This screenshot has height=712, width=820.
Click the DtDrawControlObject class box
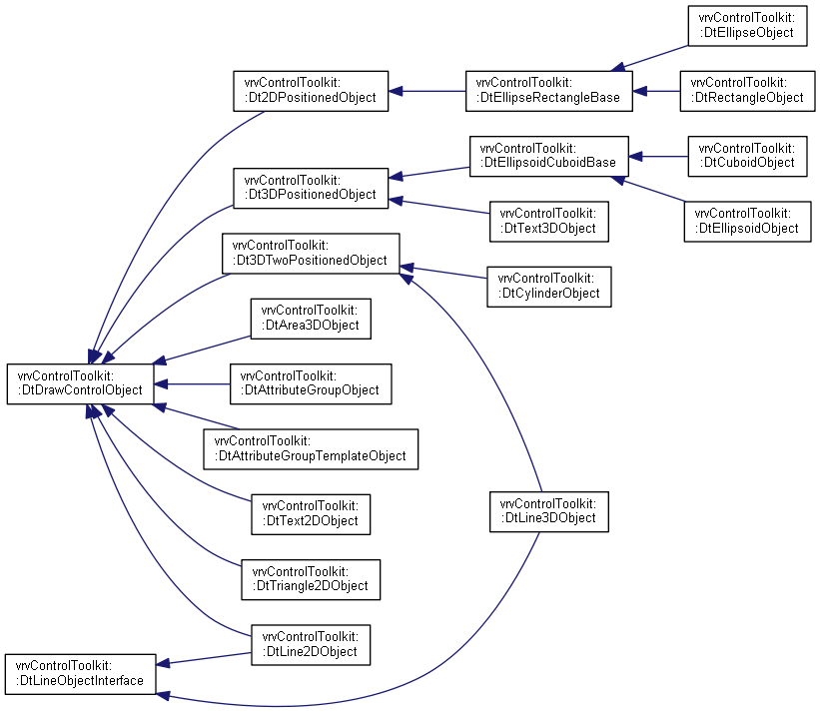(81, 384)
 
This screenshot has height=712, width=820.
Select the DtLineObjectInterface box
(81, 674)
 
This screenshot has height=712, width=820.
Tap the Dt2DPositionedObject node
(311, 91)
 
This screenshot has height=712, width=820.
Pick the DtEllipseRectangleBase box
(549, 91)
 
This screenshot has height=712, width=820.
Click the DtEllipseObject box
(747, 26)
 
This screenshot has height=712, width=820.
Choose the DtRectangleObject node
(747, 91)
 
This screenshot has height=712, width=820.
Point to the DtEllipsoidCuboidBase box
(549, 157)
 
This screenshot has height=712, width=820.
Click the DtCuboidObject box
(747, 157)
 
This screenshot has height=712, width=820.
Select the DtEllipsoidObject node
(747, 222)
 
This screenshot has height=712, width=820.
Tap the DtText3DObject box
(549, 222)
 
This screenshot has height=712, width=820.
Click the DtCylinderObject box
(549, 287)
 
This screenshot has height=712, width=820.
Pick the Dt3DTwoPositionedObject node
(311, 254)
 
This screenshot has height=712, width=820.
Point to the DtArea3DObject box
(311, 319)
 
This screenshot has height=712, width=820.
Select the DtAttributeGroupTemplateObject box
(311, 449)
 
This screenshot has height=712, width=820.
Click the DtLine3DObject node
(549, 512)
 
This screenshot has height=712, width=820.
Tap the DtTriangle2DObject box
(311, 580)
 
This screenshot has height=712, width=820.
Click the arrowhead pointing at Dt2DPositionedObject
(396, 91)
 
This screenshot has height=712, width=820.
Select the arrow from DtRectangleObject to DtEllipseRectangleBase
(656, 91)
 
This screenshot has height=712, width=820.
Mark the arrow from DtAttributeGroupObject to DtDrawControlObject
(192, 384)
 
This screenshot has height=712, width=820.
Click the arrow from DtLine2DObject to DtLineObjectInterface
(204, 659)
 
